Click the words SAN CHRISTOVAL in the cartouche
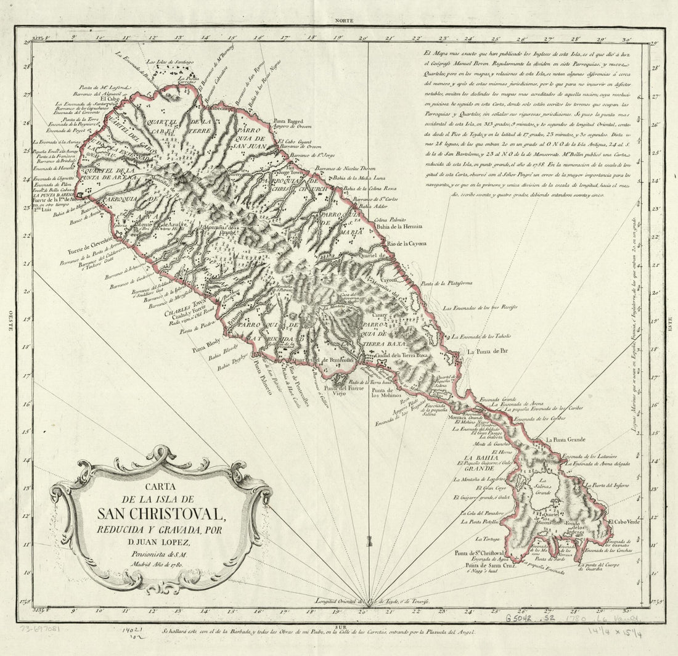161,513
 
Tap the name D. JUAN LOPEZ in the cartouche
161,542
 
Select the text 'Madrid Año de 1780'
161,565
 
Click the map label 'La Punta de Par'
487,351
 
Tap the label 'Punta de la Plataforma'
447,284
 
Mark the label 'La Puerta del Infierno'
608,485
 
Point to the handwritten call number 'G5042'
521,617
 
